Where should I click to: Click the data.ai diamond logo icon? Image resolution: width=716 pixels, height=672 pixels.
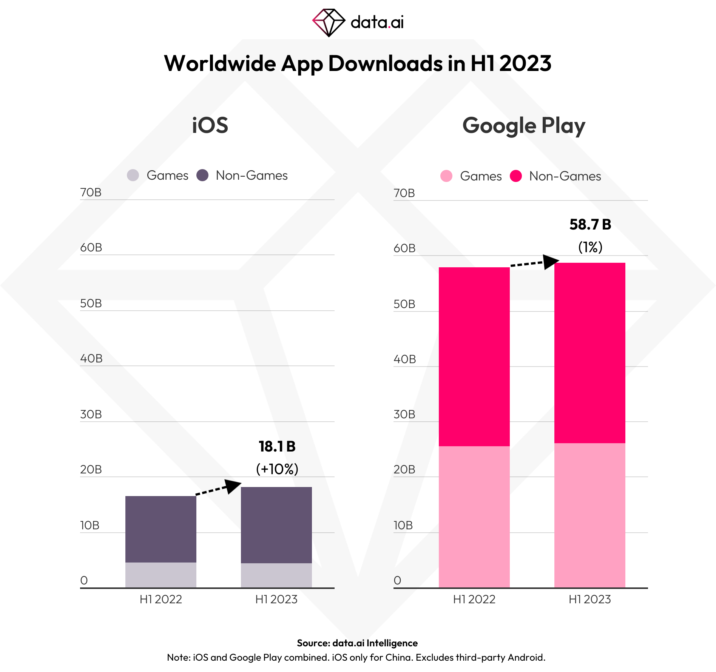pos(329,23)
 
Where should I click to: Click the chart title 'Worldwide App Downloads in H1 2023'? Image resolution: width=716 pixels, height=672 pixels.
pos(358,63)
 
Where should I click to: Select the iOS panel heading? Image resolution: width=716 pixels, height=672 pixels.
pos(210,125)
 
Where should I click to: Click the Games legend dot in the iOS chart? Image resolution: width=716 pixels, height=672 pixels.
pos(133,175)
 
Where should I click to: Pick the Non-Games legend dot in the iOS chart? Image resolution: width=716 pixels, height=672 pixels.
pos(202,175)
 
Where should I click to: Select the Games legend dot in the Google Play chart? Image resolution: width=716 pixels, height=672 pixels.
pos(446,176)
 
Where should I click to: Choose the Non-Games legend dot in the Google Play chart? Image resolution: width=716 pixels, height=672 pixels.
pos(516,176)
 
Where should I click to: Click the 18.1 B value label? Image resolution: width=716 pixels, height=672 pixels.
pos(277,447)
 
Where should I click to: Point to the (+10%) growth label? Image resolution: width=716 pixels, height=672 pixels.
pos(277,469)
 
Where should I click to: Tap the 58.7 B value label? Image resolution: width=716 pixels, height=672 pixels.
pos(590,225)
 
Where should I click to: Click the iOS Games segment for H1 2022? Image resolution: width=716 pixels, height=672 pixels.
pos(161,575)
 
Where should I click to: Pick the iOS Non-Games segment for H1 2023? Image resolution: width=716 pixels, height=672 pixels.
pos(276,525)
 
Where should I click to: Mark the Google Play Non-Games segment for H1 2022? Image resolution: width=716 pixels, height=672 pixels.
pos(474,357)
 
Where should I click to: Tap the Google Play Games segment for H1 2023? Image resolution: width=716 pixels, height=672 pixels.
pos(590,515)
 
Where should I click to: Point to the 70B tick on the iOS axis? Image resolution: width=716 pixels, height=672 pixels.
pos(91,193)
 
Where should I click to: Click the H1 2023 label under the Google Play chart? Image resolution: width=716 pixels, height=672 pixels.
pos(590,600)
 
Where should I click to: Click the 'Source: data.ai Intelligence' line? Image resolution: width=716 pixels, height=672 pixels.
pos(357,643)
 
